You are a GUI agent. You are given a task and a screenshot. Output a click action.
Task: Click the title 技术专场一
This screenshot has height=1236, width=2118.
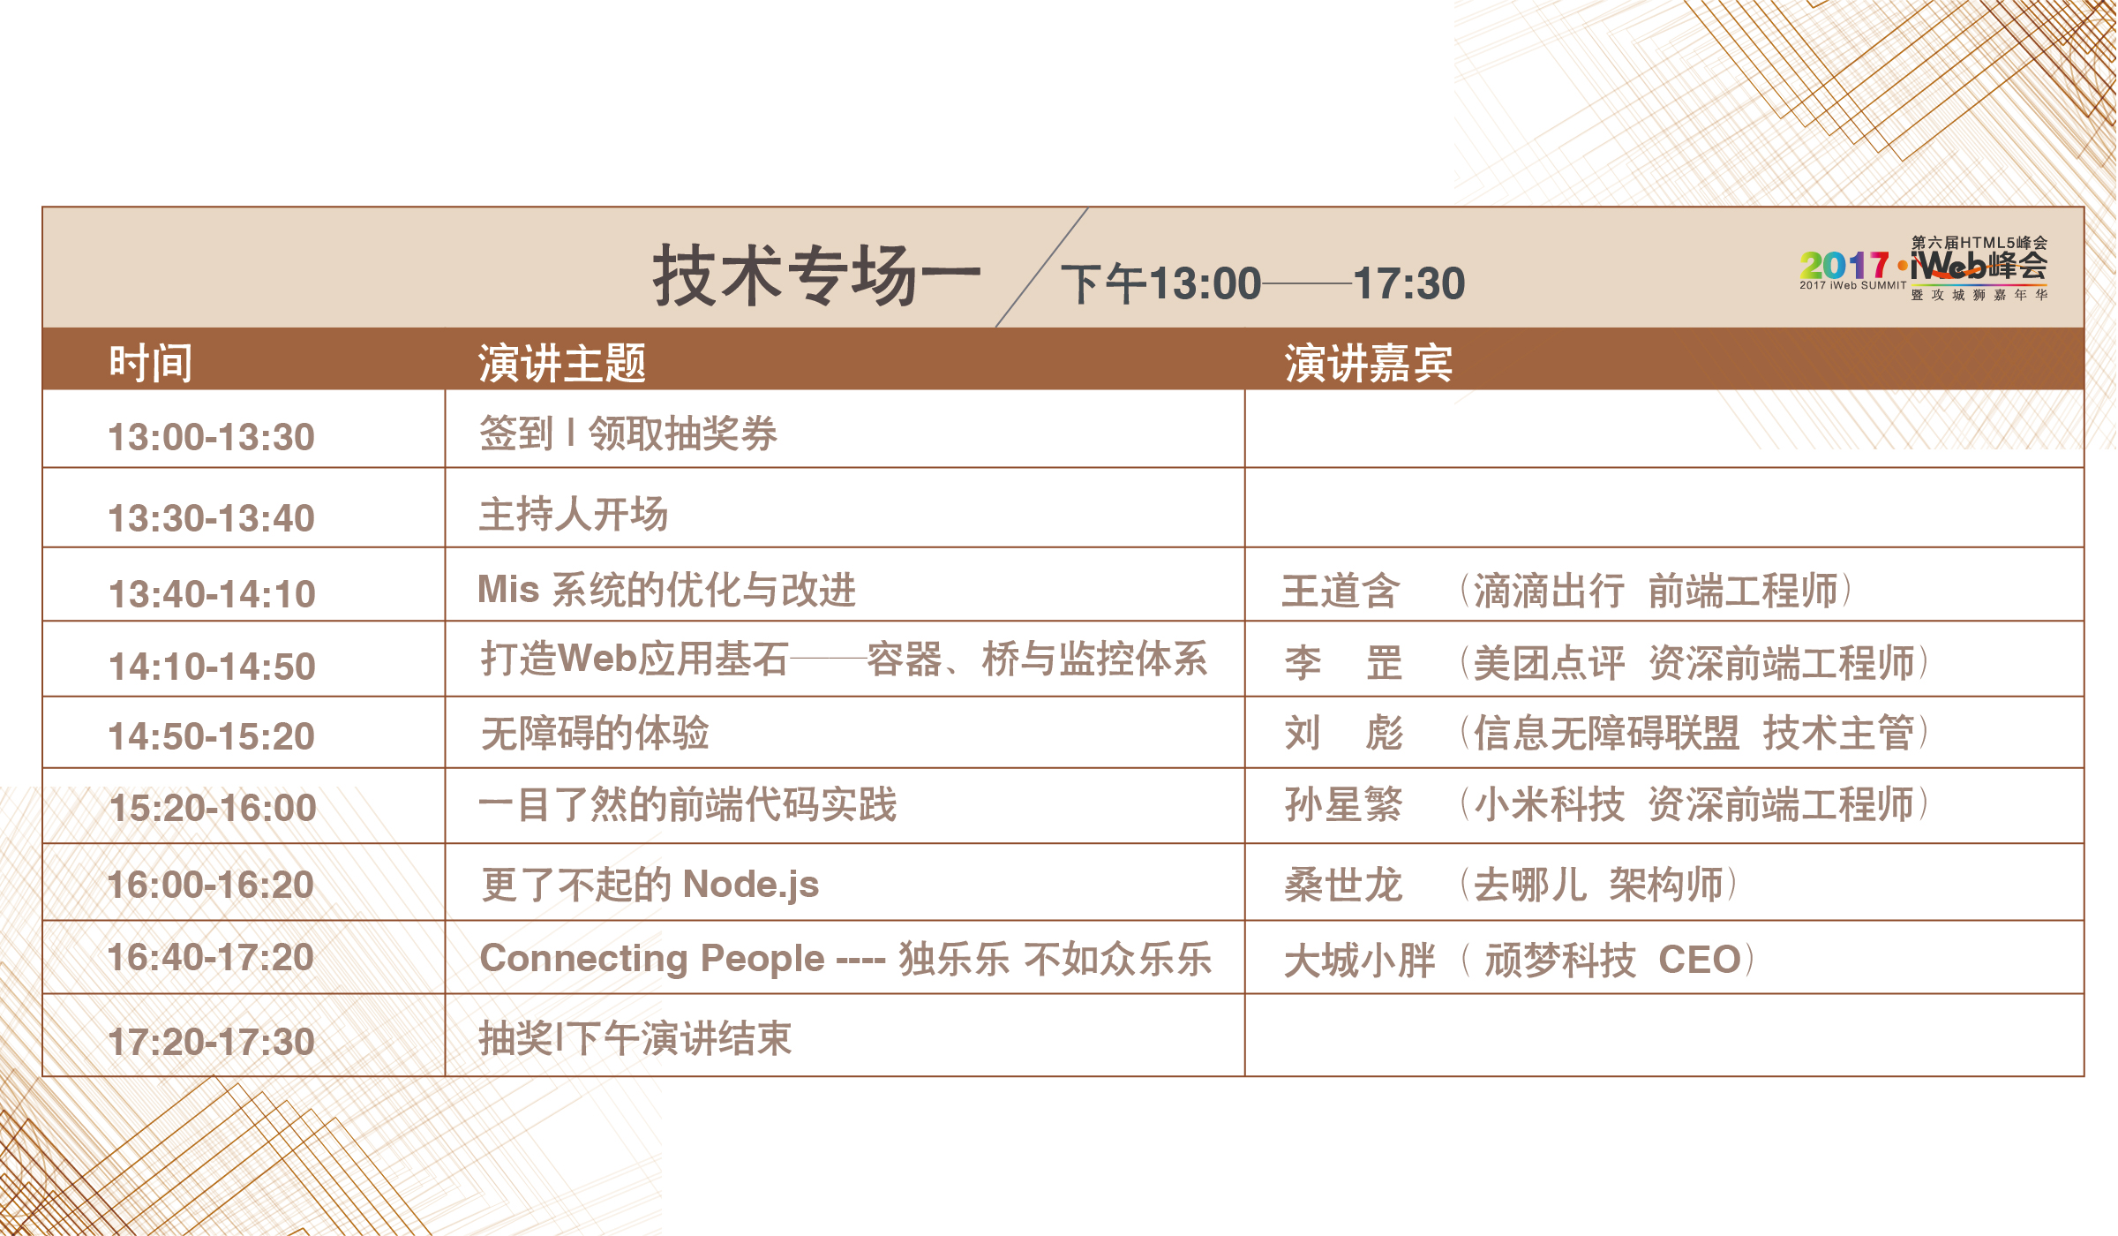816,275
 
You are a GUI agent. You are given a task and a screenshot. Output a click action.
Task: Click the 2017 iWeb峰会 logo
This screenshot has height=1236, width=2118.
1924,268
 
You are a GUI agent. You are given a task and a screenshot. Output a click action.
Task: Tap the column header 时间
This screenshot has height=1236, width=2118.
151,363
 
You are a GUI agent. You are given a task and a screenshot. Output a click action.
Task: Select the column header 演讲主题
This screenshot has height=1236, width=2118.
562,363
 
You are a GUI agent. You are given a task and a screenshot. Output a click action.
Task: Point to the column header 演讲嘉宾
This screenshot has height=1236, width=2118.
1369,363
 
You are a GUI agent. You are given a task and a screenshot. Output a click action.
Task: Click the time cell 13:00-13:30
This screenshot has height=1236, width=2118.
211,437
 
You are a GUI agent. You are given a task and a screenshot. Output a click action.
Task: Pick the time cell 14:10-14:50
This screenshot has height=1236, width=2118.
212,667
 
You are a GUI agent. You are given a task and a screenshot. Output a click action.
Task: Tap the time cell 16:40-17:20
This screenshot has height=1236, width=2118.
211,957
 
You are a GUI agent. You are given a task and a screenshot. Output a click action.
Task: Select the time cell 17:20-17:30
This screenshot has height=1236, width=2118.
211,1042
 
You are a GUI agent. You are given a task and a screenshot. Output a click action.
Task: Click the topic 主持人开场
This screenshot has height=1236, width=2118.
574,514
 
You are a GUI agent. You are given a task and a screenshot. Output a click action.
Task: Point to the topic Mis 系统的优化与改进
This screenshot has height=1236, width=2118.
667,590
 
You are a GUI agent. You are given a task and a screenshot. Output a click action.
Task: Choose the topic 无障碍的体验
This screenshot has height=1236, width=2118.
595,733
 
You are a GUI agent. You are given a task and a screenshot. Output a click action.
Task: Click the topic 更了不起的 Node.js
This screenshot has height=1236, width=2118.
650,885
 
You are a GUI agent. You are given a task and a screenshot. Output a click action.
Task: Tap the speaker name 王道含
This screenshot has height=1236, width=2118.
1341,591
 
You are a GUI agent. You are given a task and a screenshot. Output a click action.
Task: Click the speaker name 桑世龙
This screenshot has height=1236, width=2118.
1343,885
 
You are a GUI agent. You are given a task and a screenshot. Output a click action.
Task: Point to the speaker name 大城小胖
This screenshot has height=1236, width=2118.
1360,961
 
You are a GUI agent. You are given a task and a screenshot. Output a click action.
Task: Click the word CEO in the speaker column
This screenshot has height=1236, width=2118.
1700,960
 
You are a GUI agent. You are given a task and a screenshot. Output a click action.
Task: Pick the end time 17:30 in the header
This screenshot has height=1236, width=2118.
1409,283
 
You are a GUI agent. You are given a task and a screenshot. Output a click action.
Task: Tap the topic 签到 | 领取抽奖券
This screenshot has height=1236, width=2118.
628,433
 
